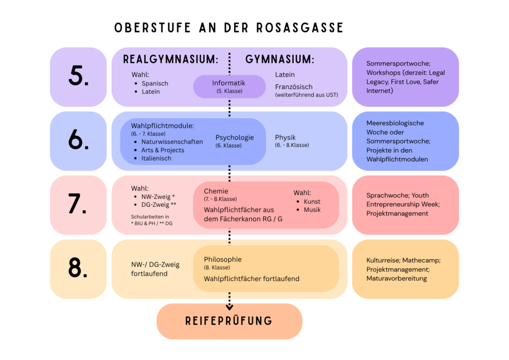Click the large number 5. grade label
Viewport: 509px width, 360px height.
click(x=78, y=76)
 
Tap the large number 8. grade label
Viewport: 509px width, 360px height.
click(x=78, y=268)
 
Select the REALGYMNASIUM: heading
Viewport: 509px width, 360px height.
click(x=171, y=59)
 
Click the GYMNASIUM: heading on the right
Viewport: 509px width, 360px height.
click(x=280, y=59)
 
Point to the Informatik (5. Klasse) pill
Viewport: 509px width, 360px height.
click(x=229, y=87)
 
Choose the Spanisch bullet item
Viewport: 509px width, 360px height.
click(x=155, y=84)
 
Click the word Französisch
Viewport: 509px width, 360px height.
click(x=294, y=87)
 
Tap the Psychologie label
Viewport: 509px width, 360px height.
click(x=235, y=137)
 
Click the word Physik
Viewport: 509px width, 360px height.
click(x=285, y=137)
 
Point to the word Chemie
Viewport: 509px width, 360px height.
click(x=216, y=191)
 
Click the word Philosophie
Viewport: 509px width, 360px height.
click(x=223, y=260)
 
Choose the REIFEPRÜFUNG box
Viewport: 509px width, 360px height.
click(x=229, y=321)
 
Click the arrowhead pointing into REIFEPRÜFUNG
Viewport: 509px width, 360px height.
click(x=230, y=307)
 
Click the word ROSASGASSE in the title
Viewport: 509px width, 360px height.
click(x=300, y=28)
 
